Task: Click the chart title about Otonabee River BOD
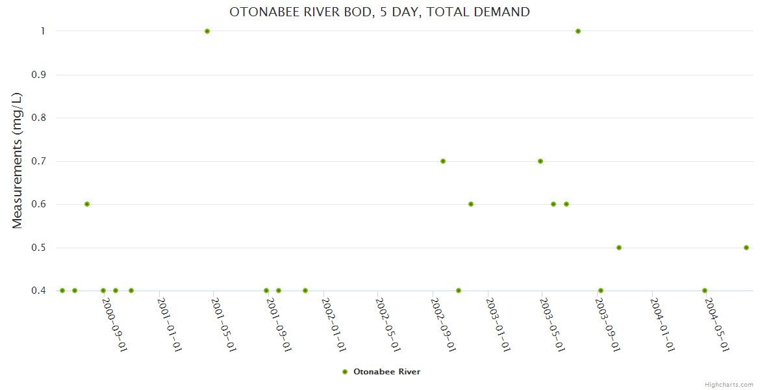click(x=379, y=12)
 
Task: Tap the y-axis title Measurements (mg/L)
click(x=18, y=160)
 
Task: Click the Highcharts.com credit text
click(x=729, y=384)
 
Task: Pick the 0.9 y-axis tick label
click(x=40, y=75)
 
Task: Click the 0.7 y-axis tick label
click(x=40, y=161)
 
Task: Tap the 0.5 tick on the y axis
click(x=40, y=248)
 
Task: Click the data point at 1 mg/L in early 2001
click(x=207, y=31)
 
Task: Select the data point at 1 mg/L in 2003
click(x=578, y=31)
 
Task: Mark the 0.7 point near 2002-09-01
click(x=443, y=161)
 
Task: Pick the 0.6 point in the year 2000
click(x=87, y=204)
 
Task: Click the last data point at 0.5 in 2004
click(x=746, y=248)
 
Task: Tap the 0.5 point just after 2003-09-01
click(x=619, y=248)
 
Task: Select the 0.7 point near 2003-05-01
click(x=540, y=161)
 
